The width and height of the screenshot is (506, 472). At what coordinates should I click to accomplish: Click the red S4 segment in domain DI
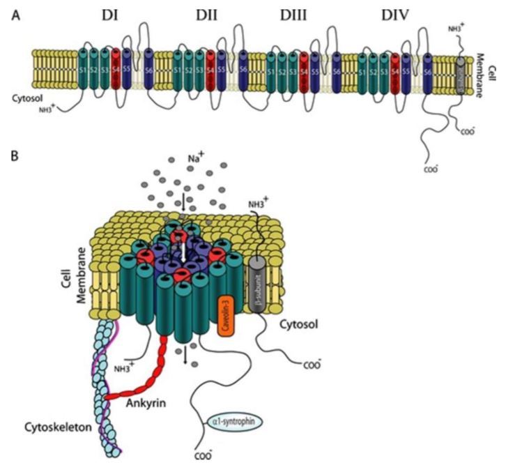(116, 70)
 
